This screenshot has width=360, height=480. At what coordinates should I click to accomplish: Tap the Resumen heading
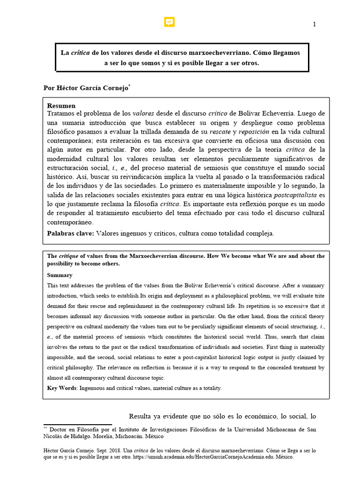[x=61, y=106]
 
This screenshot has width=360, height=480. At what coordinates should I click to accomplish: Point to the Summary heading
[x=60, y=275]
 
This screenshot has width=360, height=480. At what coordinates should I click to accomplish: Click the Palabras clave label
[x=70, y=233]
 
